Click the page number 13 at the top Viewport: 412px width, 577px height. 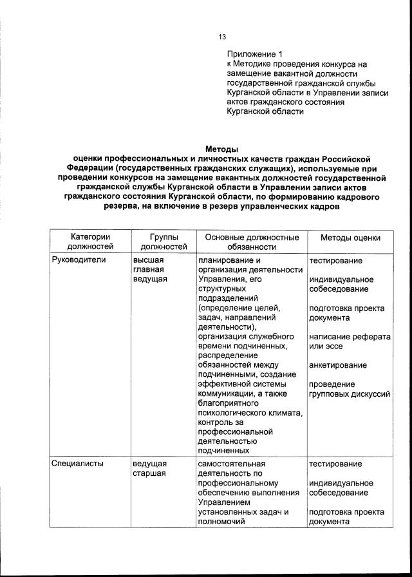[221, 37]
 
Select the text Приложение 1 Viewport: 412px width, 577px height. [254, 54]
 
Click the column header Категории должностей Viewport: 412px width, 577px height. [90, 242]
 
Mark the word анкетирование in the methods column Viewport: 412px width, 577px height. [338, 366]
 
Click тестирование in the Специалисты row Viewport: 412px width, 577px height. [335, 464]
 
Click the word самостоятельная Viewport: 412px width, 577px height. [231, 464]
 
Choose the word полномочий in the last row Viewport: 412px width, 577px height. [223, 522]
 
